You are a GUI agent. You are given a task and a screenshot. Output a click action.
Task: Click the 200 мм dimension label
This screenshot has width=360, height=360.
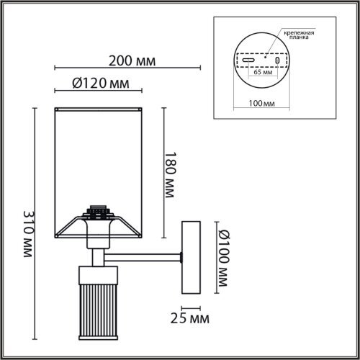point(132,61)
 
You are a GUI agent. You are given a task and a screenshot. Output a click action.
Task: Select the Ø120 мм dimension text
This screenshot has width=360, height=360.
point(101,84)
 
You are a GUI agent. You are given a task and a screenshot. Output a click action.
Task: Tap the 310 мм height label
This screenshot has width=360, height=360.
point(29,234)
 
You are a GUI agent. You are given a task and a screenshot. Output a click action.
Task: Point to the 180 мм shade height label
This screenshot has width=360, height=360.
point(171,175)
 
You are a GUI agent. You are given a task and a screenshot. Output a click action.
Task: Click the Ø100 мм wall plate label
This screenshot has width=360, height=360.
point(224,258)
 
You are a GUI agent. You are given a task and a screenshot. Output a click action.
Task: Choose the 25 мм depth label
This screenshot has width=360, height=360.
point(190,318)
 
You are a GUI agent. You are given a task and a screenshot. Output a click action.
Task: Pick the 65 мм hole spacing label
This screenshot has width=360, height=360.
point(263,72)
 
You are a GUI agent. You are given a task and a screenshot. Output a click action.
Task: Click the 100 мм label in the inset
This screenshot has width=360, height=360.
point(261,104)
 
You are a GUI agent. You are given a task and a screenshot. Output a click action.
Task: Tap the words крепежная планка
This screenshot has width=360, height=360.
point(299,35)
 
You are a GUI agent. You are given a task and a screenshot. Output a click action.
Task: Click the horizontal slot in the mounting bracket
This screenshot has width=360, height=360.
point(248,60)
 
